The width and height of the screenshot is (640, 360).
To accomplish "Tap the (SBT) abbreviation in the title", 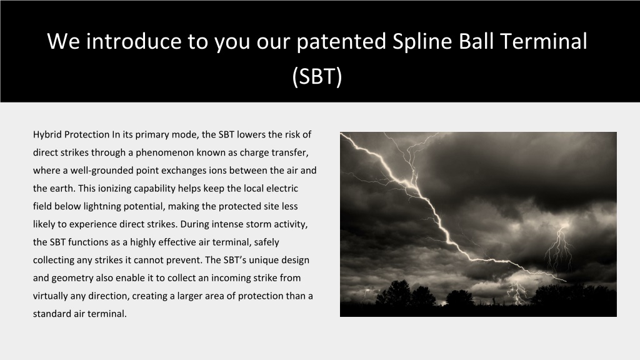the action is click(x=317, y=76).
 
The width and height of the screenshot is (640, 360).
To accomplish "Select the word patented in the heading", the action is click(x=341, y=41).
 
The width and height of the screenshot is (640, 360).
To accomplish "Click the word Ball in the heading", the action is click(x=476, y=41).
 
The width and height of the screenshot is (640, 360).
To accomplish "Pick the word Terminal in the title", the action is click(x=543, y=41).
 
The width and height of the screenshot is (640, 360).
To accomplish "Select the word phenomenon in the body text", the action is click(x=164, y=152).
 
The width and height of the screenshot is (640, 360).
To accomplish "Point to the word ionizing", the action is click(x=115, y=189).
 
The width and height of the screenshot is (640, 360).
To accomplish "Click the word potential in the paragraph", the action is click(x=144, y=206).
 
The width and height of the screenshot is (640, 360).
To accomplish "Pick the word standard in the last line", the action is click(x=52, y=314).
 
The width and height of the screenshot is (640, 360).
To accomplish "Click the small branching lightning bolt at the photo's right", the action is click(x=559, y=249).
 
